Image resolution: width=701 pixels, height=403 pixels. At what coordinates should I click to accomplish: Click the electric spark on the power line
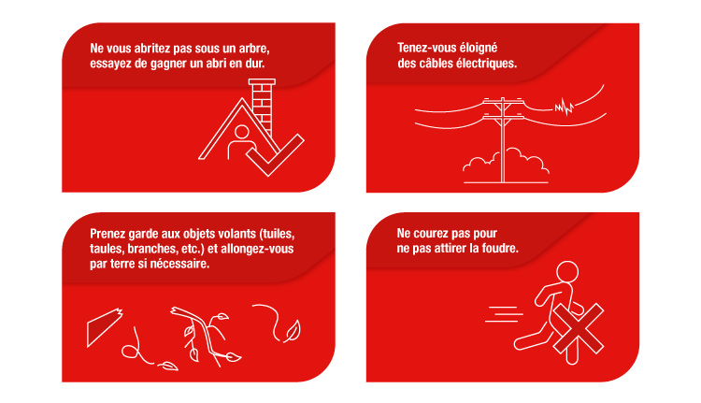click(x=564, y=107)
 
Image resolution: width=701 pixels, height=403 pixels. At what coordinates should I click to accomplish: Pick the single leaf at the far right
click(x=292, y=330)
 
